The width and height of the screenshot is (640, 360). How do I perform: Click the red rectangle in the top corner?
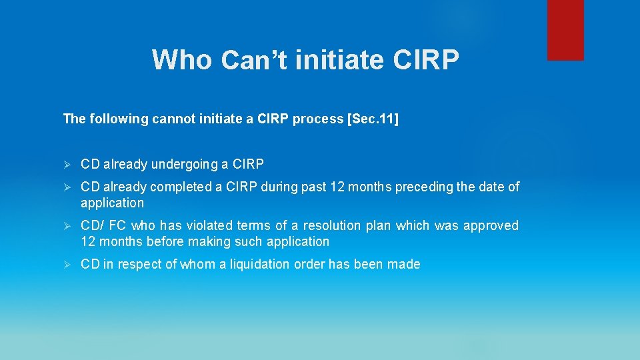pos(565,30)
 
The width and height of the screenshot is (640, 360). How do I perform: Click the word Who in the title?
pos(182,60)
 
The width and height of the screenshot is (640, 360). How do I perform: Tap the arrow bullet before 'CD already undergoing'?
pos(66,164)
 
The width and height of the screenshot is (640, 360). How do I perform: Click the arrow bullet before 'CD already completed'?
pos(66,187)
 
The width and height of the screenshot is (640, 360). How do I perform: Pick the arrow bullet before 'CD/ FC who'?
pos(66,226)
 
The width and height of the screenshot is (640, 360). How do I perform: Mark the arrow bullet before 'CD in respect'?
pos(66,265)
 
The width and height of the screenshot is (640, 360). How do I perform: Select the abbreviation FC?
pos(114,226)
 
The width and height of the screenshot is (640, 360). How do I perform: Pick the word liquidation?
pos(259,265)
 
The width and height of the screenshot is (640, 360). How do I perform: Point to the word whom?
pos(196,265)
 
